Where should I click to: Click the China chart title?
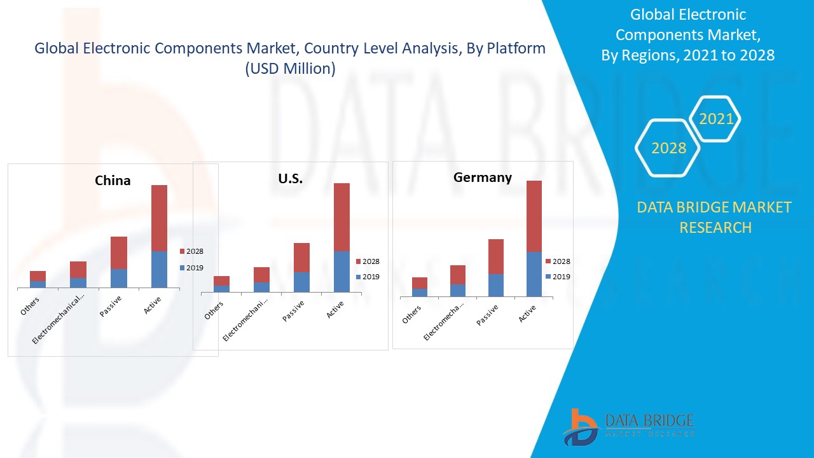point(113,181)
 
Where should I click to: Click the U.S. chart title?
point(290,179)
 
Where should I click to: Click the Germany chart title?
point(482,177)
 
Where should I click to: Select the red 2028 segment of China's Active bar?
point(159,218)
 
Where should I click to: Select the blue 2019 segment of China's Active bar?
point(159,269)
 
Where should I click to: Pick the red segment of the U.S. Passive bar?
point(301,258)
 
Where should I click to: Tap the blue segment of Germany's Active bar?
point(534,274)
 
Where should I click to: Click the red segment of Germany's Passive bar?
point(496,256)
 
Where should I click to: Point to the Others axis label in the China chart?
point(31,306)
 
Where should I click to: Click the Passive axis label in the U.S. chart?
point(293,311)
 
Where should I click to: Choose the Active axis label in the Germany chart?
point(527,314)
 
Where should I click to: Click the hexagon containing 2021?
point(715,119)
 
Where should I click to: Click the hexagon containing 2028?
point(668,148)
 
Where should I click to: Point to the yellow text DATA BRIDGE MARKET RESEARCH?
point(714,217)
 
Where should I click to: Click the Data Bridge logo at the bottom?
point(628,426)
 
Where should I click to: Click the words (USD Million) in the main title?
point(290,69)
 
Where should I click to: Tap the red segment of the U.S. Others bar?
point(221,281)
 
